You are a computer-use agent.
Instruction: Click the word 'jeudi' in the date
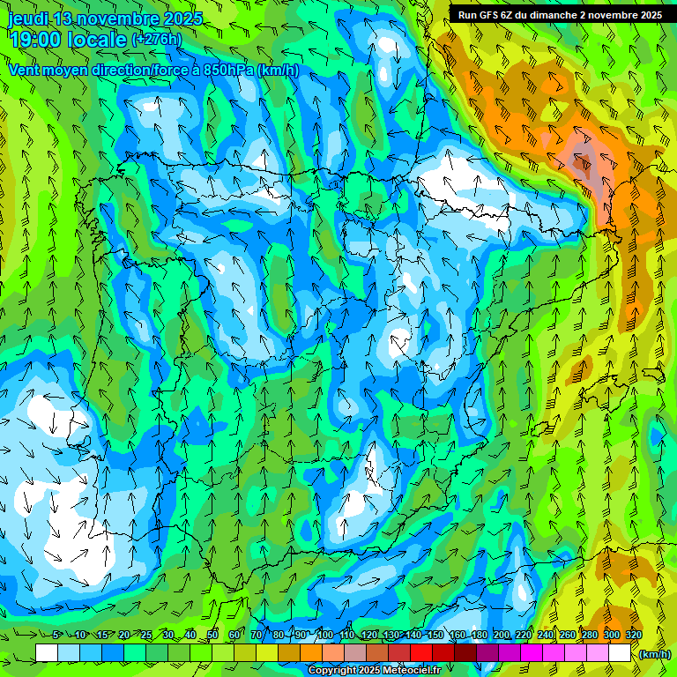point(29,19)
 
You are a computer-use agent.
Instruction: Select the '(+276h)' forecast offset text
point(156,39)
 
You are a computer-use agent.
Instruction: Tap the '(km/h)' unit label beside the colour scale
point(654,653)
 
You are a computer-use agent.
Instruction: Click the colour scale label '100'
point(324,635)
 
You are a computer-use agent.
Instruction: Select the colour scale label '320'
point(633,635)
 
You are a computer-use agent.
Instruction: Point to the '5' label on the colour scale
point(57,635)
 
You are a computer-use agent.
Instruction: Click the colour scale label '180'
point(479,635)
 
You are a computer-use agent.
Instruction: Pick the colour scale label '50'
point(212,635)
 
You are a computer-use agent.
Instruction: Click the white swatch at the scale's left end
point(47,652)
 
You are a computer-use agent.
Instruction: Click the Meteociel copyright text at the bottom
point(375,670)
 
